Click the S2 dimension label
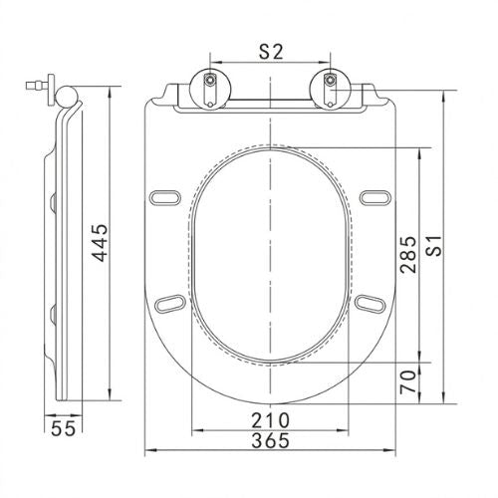[271, 52]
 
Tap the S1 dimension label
[434, 246]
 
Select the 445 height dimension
[100, 243]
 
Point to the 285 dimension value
[408, 255]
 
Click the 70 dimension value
[408, 381]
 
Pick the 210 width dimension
[270, 420]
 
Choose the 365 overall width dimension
[270, 440]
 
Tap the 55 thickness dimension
[64, 428]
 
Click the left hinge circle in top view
[210, 89]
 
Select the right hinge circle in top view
[330, 89]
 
